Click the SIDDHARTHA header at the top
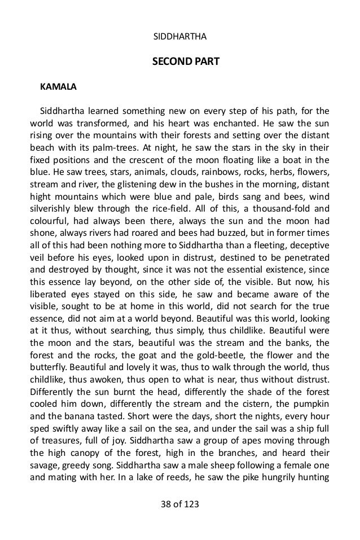180,38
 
